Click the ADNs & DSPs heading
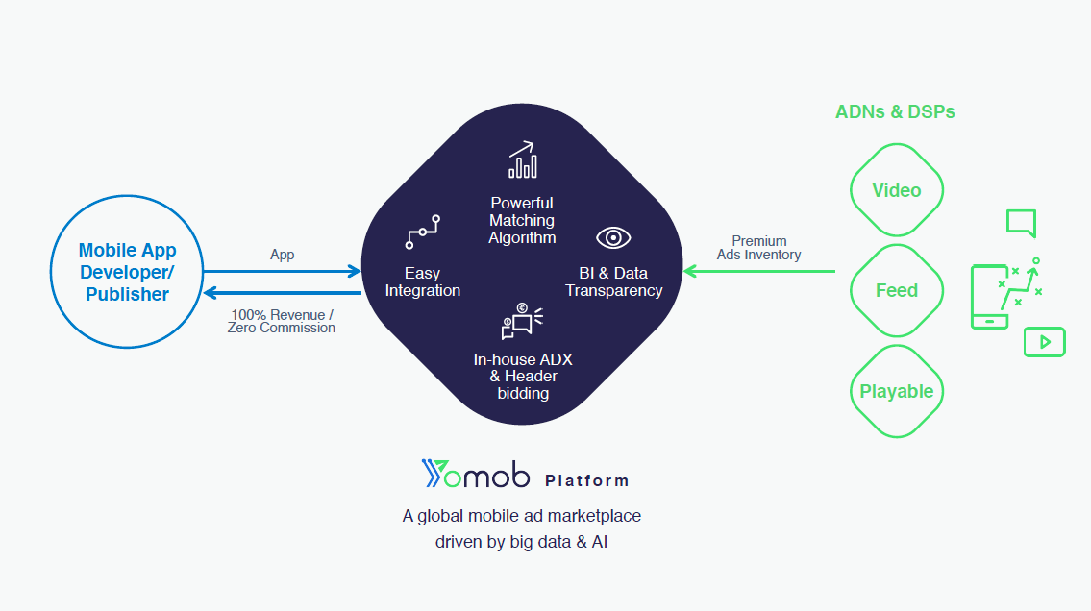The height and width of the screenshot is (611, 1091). [x=895, y=111]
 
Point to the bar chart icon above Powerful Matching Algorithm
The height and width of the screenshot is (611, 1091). [x=523, y=159]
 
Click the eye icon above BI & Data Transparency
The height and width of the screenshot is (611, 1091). [x=613, y=237]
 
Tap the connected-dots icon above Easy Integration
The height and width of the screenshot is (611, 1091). [x=422, y=232]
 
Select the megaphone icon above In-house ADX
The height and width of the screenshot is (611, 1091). [x=522, y=321]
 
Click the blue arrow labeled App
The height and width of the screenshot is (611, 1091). [x=282, y=271]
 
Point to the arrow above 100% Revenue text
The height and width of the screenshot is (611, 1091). [x=282, y=293]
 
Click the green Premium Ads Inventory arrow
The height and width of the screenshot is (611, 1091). [x=759, y=271]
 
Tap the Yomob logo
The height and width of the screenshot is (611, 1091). [x=475, y=474]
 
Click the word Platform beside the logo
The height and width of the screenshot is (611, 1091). [x=586, y=480]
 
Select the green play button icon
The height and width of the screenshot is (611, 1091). [x=1045, y=342]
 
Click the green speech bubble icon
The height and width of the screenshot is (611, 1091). [x=1022, y=223]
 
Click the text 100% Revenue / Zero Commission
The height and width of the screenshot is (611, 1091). [x=281, y=321]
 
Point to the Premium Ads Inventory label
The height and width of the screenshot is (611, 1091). [x=759, y=248]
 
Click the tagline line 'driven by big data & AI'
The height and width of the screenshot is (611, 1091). [x=521, y=542]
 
